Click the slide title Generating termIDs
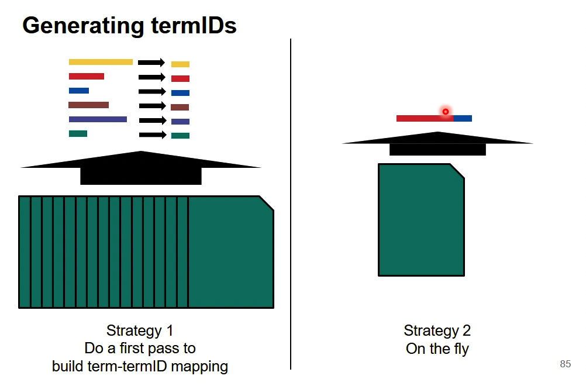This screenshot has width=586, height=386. tap(129, 26)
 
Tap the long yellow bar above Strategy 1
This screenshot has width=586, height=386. tap(101, 62)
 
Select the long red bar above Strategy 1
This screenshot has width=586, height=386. tap(87, 76)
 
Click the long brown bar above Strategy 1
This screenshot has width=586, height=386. tap(88, 105)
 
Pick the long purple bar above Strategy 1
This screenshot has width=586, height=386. tap(98, 119)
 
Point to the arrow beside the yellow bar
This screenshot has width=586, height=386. tap(152, 63)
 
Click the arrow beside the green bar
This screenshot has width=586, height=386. tap(152, 135)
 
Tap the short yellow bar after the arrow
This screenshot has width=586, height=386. tap(180, 64)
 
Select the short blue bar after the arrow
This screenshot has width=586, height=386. tap(180, 93)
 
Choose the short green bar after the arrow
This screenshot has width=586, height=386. tap(180, 136)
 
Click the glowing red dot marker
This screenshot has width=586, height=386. tap(446, 112)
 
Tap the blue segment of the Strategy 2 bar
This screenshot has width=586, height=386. tap(463, 119)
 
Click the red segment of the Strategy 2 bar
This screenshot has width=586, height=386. tap(424, 119)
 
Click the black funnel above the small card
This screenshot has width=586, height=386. tap(437, 144)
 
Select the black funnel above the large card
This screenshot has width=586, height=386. tap(140, 168)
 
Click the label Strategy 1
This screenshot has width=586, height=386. tap(140, 330)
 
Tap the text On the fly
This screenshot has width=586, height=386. tap(437, 349)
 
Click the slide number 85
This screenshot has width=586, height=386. tap(565, 364)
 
